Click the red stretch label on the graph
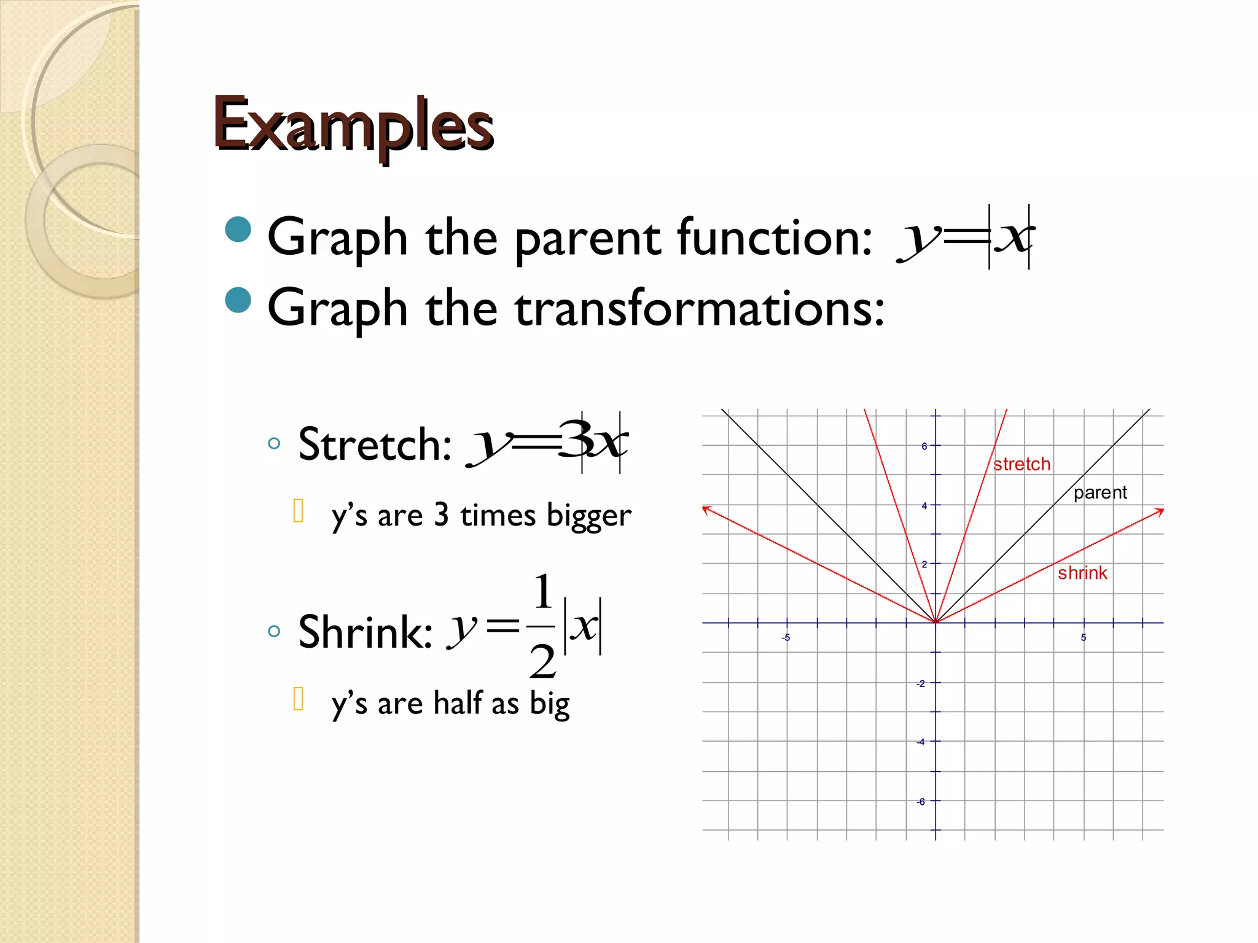pos(1022,464)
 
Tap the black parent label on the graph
pos(1100,492)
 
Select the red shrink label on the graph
pos(1082,573)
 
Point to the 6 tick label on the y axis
pos(924,446)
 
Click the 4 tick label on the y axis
pos(924,506)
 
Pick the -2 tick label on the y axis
pos(921,683)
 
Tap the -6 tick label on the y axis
pos(921,802)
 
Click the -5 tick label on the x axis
pos(786,638)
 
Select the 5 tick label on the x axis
pos(1084,638)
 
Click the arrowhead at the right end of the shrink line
pos(1160,511)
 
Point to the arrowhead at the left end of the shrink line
pos(706,509)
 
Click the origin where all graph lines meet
pos(936,623)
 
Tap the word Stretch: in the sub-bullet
pos(375,444)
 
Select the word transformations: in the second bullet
pos(700,308)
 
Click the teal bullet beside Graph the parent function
pos(238,230)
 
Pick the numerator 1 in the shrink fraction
pos(542,592)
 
